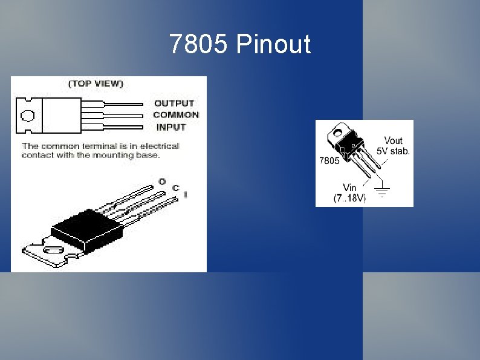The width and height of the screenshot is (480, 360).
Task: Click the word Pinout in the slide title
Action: click(273, 45)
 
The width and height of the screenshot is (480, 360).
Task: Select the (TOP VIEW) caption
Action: click(96, 84)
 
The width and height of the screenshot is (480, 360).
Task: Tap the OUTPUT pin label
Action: click(174, 103)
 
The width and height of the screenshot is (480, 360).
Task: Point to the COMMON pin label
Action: click(176, 115)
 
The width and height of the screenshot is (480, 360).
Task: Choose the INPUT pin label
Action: click(171, 127)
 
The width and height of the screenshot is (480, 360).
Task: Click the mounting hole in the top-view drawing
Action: click(27, 116)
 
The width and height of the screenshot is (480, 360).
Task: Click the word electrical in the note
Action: click(159, 146)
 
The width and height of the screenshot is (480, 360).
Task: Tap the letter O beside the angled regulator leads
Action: click(162, 181)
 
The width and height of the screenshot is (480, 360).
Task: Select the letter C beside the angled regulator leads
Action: click(175, 188)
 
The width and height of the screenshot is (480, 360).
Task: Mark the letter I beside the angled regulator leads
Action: click(185, 195)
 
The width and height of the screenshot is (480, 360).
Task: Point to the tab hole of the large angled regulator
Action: click(51, 249)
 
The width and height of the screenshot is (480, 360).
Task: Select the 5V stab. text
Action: click(393, 150)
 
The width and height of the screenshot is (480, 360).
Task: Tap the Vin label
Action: click(349, 188)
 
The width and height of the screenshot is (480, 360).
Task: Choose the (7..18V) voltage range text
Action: click(350, 198)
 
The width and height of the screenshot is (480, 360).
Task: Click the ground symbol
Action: click(382, 191)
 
